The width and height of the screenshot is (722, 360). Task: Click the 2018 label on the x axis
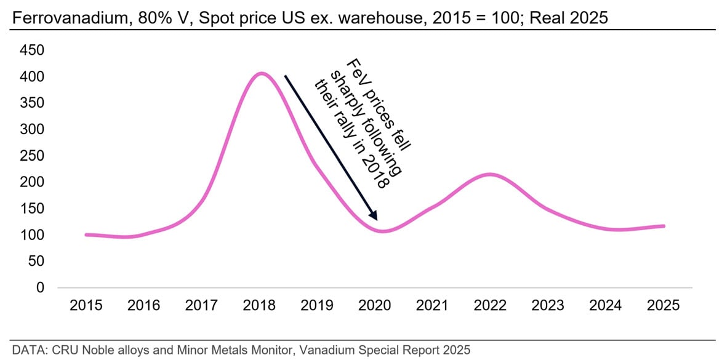tap(260, 306)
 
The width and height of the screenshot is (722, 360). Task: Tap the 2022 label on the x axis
tap(491, 306)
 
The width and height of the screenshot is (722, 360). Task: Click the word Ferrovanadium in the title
tap(54, 19)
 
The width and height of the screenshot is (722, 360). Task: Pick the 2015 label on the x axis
tap(87, 306)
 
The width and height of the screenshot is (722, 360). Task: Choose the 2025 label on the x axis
tap(664, 306)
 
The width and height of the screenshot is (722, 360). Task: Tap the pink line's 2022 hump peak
tap(489, 174)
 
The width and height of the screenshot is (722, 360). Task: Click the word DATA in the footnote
tap(18, 350)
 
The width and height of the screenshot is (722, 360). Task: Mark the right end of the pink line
tap(664, 226)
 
